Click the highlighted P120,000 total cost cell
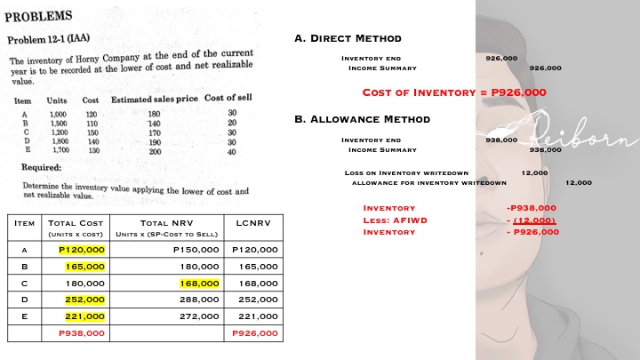click(82, 250)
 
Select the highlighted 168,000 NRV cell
click(199, 283)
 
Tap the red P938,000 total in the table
click(81, 332)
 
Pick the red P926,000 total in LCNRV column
click(254, 332)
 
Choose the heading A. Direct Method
click(348, 38)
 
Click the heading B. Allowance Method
click(362, 119)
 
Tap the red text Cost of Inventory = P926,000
click(454, 92)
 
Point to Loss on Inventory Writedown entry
click(406, 172)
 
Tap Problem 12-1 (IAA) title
click(51, 40)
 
